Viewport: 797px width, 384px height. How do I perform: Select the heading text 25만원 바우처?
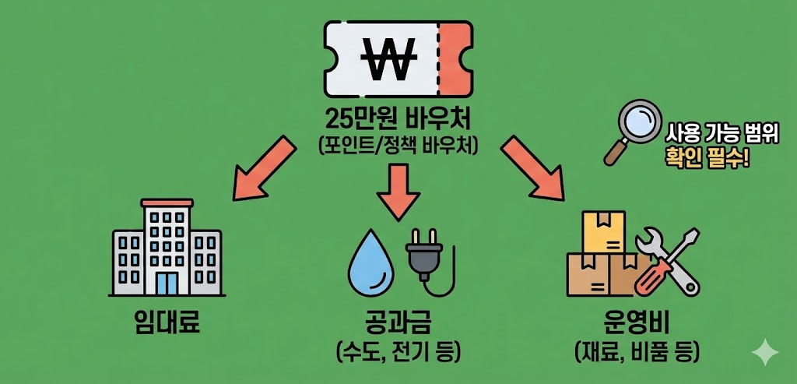(398, 121)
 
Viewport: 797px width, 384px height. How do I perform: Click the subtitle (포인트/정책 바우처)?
(398, 146)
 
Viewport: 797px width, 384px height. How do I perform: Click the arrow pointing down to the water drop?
(398, 191)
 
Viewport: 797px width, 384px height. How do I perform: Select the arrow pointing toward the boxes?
(533, 167)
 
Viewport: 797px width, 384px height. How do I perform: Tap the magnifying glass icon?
(634, 129)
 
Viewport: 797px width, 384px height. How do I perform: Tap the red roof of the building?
(167, 202)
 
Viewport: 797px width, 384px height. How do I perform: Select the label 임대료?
(167, 321)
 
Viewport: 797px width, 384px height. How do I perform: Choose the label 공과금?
(398, 321)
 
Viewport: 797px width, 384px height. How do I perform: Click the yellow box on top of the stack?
(604, 231)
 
